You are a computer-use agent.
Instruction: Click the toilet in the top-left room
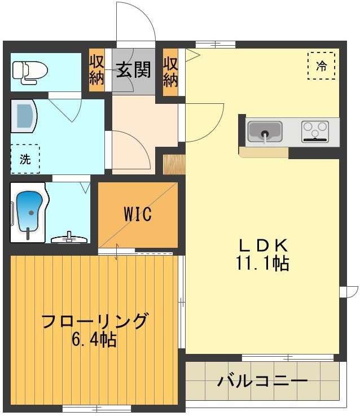tap(29, 72)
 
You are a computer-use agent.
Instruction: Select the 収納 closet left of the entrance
tap(96, 71)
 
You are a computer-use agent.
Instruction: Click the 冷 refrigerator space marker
tap(321, 65)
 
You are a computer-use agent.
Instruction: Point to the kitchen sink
tap(265, 132)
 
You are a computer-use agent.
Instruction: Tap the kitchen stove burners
tap(314, 131)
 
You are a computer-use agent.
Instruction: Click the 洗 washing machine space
tap(25, 159)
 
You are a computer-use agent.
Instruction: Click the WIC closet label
tap(138, 215)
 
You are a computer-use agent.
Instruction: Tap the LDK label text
tap(264, 246)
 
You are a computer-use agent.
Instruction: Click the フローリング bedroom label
tap(95, 322)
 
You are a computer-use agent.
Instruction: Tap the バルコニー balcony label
tap(263, 380)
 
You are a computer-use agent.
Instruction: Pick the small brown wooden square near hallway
tap(173, 164)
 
